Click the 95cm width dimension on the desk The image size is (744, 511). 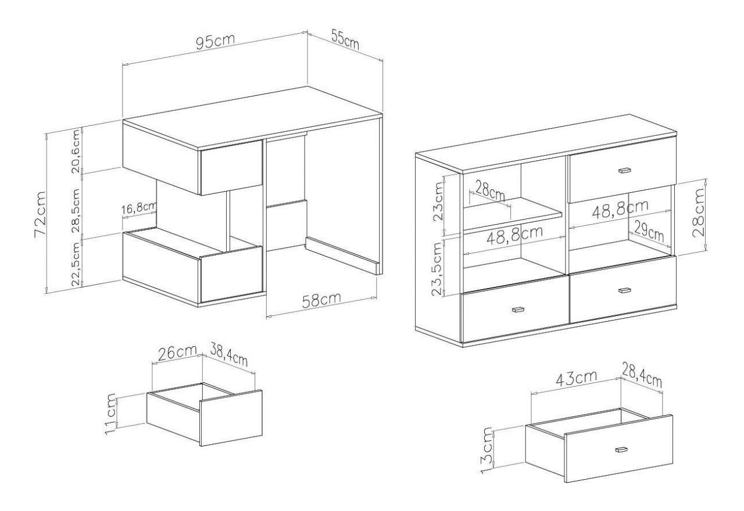215,42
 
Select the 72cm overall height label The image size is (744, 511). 40,214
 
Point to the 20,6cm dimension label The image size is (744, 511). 76,151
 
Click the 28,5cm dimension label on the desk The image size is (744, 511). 76,210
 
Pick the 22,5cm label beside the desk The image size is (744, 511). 76,264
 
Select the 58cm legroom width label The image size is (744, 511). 321,300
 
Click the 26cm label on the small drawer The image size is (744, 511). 177,353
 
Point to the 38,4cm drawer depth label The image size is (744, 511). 229,355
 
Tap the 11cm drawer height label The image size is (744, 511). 110,413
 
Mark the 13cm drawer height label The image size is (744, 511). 487,450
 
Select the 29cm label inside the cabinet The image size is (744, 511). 649,231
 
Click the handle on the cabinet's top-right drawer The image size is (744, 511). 625,170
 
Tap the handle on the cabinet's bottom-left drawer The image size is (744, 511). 518,310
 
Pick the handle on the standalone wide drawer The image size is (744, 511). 621,449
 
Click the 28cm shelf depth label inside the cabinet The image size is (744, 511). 490,191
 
